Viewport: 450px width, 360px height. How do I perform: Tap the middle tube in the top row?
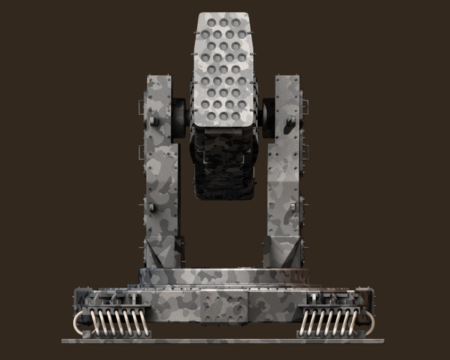pyautogui.click(x=223, y=22)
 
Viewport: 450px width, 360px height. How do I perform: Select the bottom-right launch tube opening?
pyautogui.click(x=236, y=116)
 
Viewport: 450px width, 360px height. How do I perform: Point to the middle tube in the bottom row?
pyautogui.click(x=223, y=116)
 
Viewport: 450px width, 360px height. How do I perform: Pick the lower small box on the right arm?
pyautogui.click(x=293, y=208)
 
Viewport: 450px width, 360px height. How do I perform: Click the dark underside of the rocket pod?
pyautogui.click(x=224, y=167)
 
